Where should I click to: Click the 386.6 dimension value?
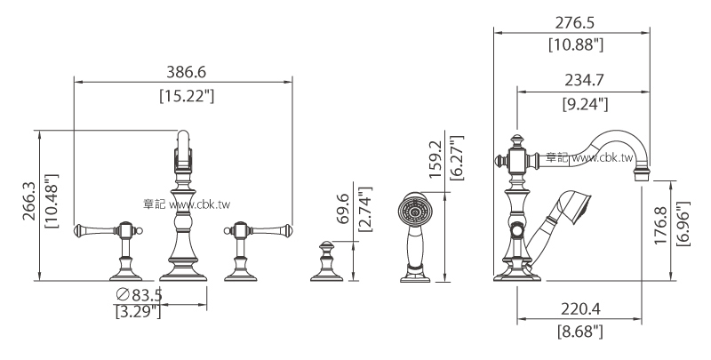tap(186, 72)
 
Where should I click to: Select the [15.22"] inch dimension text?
tap(187, 96)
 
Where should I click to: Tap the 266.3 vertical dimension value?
tap(30, 202)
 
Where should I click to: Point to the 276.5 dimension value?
tap(575, 22)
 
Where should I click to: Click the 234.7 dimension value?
tap(584, 80)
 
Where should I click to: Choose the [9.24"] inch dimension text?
tap(585, 104)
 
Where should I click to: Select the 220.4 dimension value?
tap(581, 309)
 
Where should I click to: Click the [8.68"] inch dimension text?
tap(580, 332)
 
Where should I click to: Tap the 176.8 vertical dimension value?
tap(660, 226)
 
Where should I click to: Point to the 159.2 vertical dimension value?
tap(435, 159)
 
